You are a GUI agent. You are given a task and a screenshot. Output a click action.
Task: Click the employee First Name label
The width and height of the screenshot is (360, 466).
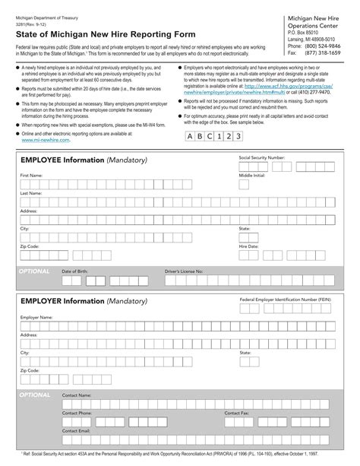tap(31, 175)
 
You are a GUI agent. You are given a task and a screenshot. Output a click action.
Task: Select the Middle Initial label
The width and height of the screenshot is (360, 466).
tap(252, 175)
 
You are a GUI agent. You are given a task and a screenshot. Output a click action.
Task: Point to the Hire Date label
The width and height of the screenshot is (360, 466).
tap(249, 246)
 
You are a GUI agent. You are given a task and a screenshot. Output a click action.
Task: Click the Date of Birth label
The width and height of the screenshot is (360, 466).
tap(75, 271)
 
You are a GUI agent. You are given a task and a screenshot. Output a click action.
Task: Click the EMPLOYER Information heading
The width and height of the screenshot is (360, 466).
tap(84, 301)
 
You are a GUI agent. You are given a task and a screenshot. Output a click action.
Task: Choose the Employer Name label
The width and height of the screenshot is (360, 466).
tap(36, 316)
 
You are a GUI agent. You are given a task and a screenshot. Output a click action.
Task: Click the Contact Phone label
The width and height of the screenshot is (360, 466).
tap(77, 413)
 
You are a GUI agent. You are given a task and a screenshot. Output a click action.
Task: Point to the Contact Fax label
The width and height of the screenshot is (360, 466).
tap(237, 413)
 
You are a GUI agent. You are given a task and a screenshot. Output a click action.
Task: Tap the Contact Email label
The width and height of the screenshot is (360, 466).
tap(77, 430)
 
